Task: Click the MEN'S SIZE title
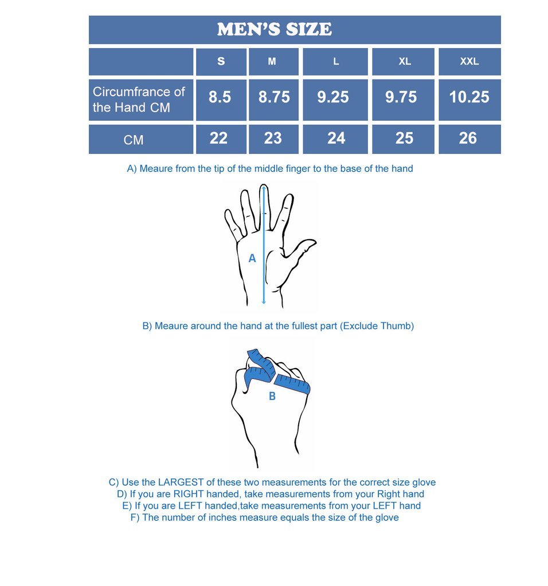coord(274,29)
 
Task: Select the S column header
coord(221,62)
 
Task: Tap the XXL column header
coord(469,62)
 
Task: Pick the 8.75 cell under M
coord(274,97)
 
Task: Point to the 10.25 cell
coord(469,97)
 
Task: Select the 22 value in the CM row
coord(218,138)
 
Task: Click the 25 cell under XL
coord(404,138)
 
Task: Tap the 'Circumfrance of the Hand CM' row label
coord(139,100)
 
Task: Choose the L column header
coord(336,62)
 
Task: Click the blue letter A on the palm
coord(252,259)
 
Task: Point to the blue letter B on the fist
coord(272,396)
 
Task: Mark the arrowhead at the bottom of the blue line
coord(264,301)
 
